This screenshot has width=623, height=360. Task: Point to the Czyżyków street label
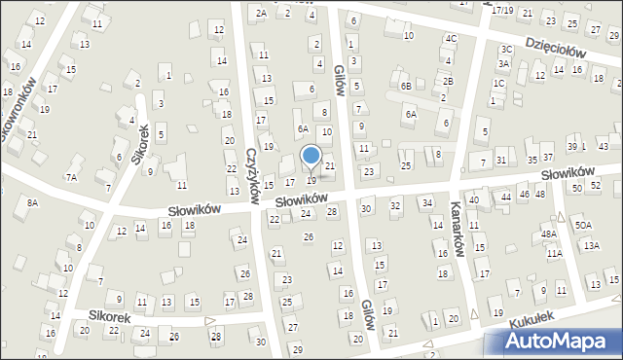251,175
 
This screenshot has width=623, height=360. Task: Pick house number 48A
549,234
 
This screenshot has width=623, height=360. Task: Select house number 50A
582,226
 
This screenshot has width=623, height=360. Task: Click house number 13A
592,247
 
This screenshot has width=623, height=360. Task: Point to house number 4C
451,38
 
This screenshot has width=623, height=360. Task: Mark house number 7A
71,177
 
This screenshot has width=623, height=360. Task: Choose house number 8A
32,202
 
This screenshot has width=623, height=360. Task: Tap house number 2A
261,13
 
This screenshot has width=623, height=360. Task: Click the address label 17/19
501,10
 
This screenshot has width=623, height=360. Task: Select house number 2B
448,81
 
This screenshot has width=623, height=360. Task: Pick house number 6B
406,87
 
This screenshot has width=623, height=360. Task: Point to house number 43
604,146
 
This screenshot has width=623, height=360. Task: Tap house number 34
426,202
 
